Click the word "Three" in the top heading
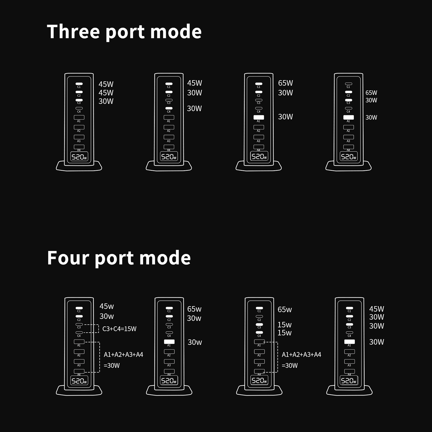pyautogui.click(x=73, y=32)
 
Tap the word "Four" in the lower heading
pyautogui.click(x=68, y=258)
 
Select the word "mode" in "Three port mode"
pyautogui.click(x=176, y=32)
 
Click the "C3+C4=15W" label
pyautogui.click(x=119, y=329)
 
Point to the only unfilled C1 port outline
pyautogui.click(x=349, y=84)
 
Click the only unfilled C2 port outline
pyautogui.click(x=259, y=316)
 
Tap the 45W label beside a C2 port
pyautogui.click(x=106, y=93)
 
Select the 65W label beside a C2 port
pyautogui.click(x=371, y=93)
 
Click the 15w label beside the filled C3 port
pyautogui.click(x=285, y=325)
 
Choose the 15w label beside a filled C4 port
pyautogui.click(x=285, y=333)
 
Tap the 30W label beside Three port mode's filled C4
pyautogui.click(x=194, y=109)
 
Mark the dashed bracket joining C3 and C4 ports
pyautogui.click(x=98, y=329)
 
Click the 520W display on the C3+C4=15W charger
pyautogui.click(x=79, y=381)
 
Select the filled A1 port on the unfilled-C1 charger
pyautogui.click(x=349, y=117)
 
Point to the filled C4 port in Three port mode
pyautogui.click(x=169, y=108)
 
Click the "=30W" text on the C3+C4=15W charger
pyautogui.click(x=112, y=366)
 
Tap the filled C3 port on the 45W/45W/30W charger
pyautogui.click(x=79, y=100)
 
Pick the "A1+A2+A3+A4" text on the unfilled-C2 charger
pyautogui.click(x=302, y=355)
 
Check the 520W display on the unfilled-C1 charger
pyautogui.click(x=349, y=157)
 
